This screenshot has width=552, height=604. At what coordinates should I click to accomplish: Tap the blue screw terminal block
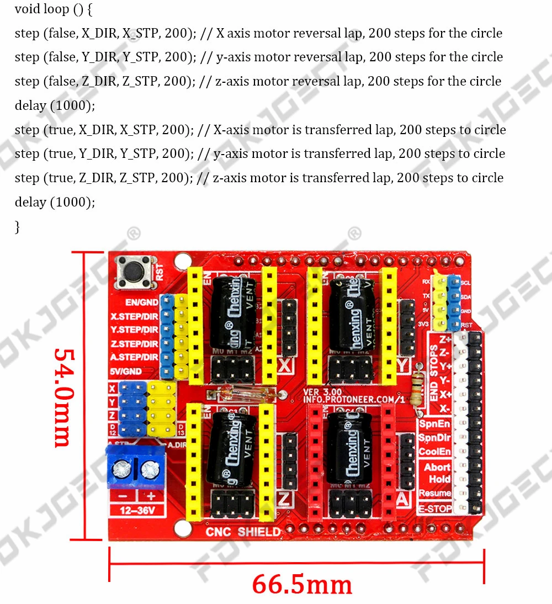[134, 468]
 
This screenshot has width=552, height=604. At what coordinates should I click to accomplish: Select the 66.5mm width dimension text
[302, 584]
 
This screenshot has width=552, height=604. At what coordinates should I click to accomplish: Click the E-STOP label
[435, 508]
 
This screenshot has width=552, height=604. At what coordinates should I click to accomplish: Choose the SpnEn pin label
[434, 424]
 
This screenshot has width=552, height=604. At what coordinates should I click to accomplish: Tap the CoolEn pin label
[434, 452]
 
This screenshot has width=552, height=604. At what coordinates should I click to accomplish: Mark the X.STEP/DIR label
[135, 317]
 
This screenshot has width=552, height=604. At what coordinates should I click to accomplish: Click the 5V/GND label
[126, 371]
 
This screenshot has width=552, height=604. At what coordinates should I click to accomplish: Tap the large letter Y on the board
[404, 365]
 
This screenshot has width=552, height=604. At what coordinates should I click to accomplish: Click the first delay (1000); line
[55, 105]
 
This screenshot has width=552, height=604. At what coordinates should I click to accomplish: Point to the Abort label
[437, 467]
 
